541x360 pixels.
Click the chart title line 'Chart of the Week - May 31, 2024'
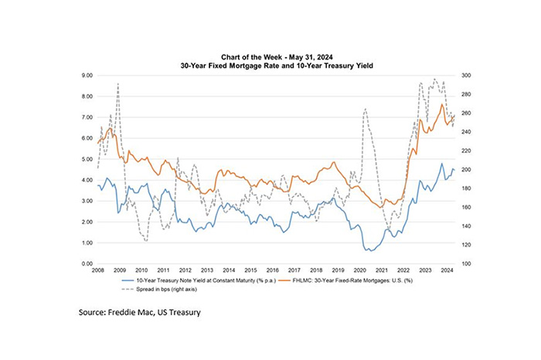pyautogui.click(x=270, y=58)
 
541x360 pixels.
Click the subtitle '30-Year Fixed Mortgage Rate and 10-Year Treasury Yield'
pyautogui.click(x=270, y=67)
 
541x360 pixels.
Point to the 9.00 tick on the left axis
pyautogui.click(x=87, y=76)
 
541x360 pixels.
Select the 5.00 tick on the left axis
pyautogui.click(x=87, y=159)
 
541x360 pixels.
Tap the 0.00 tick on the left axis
pyautogui.click(x=87, y=264)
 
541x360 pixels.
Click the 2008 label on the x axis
pyautogui.click(x=99, y=270)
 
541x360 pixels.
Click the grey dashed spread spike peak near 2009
pyautogui.click(x=117, y=83)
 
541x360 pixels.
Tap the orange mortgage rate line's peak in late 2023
pyautogui.click(x=441, y=104)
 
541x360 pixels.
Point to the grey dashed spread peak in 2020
pyautogui.click(x=365, y=109)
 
